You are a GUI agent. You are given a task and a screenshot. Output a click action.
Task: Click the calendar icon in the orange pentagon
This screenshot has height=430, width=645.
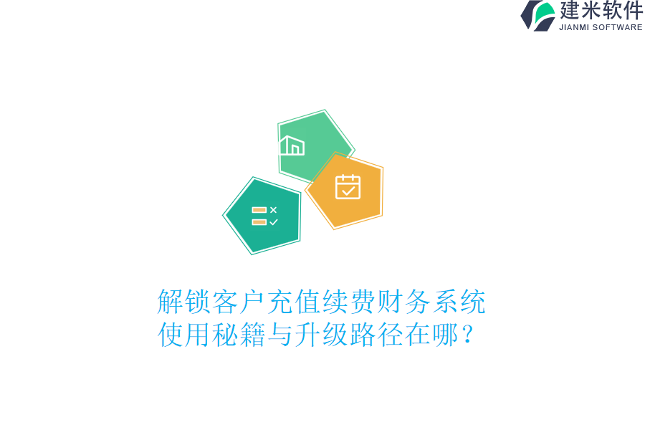point(348,187)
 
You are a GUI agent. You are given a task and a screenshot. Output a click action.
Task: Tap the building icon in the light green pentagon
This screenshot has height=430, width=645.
point(292,145)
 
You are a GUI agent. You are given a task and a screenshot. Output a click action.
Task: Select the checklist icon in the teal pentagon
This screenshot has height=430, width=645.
point(264,216)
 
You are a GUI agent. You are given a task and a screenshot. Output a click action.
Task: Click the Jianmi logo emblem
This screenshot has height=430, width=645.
point(537,15)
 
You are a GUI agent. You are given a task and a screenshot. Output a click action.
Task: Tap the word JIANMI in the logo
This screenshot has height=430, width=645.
point(573,27)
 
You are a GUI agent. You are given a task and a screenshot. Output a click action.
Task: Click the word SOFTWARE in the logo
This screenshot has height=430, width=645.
point(617,27)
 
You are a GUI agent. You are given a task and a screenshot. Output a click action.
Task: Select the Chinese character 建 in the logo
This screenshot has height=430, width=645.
point(570,10)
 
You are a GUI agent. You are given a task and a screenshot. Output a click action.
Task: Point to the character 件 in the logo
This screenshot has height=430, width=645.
point(633,10)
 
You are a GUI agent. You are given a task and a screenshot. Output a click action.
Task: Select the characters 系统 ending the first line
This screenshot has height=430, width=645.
point(459,302)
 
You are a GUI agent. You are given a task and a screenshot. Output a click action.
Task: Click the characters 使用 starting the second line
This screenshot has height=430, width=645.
point(184,335)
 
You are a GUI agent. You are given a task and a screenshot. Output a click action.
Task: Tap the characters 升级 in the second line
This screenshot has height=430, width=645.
point(308,335)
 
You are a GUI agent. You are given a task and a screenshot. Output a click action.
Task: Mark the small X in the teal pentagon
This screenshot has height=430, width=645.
point(273,210)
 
